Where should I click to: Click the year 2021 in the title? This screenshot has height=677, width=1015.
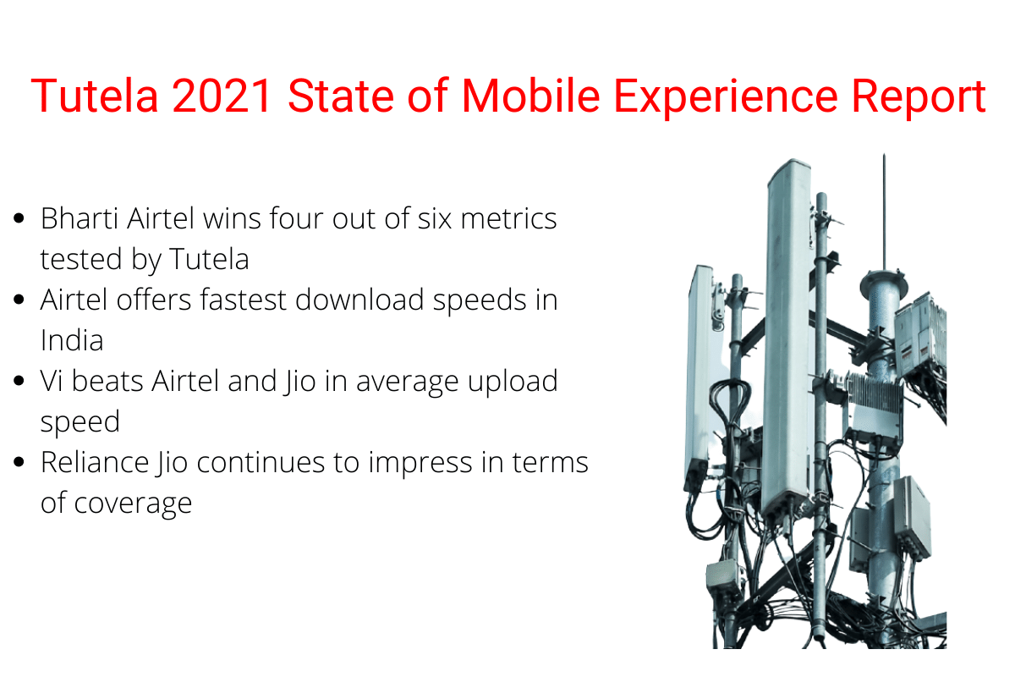point(222,96)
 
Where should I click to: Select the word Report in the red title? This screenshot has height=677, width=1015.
point(919,98)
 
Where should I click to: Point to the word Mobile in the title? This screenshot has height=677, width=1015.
point(530,96)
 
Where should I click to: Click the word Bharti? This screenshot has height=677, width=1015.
point(80,218)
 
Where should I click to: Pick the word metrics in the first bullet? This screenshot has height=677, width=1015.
point(508,219)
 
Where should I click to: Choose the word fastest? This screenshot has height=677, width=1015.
point(243,300)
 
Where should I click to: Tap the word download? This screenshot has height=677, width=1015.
point(359,300)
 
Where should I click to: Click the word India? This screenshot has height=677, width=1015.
point(72,340)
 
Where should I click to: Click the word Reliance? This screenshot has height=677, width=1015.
point(95,462)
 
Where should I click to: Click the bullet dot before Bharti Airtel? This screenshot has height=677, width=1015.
point(19,218)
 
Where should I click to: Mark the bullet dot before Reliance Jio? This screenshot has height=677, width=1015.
point(19,462)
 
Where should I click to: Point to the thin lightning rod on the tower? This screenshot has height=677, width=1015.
point(884,212)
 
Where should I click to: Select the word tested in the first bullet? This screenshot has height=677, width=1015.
point(81,259)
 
